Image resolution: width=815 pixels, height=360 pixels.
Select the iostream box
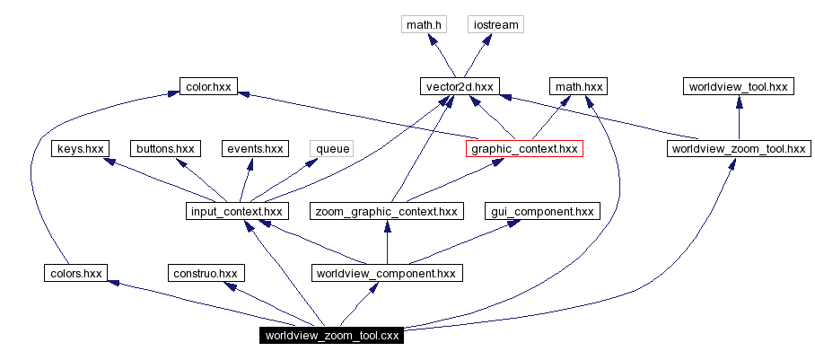pyautogui.click(x=495, y=24)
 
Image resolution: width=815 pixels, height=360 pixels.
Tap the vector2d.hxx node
pyautogui.click(x=458, y=86)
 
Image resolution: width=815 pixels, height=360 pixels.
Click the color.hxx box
pyautogui.click(x=208, y=86)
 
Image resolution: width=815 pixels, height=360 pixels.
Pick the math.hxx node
pyautogui.click(x=578, y=86)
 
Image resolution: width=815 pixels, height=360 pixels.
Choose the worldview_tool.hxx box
pyautogui.click(x=738, y=86)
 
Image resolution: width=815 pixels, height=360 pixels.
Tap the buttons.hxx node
pyautogui.click(x=165, y=148)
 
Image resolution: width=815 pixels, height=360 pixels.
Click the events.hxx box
pyautogui.click(x=254, y=148)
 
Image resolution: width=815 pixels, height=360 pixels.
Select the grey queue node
pyautogui.click(x=331, y=148)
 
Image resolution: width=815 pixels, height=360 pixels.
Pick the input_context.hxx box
pyautogui.click(x=235, y=211)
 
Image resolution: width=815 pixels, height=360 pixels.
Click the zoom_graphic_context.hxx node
pyautogui.click(x=387, y=211)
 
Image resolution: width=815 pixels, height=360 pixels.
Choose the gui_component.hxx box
pyautogui.click(x=543, y=211)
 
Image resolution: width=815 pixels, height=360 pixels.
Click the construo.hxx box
pyautogui.click(x=206, y=272)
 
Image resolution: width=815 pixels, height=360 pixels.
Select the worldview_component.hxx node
pyautogui.click(x=386, y=272)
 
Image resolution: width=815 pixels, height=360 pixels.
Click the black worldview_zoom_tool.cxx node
pyautogui.click(x=331, y=336)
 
